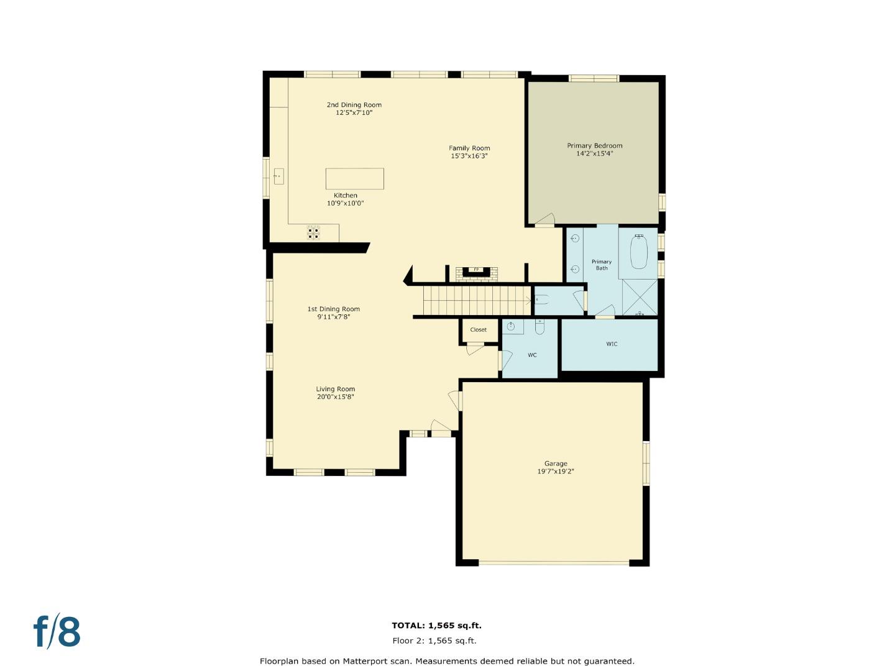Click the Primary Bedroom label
[594, 145]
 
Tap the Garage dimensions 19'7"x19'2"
[556, 472]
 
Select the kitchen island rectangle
[354, 179]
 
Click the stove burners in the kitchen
[314, 232]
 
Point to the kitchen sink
[278, 176]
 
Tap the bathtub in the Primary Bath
[638, 252]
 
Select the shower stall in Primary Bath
[640, 298]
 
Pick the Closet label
[479, 330]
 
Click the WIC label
[612, 344]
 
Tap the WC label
[532, 355]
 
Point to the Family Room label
[469, 148]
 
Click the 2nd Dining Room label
[354, 105]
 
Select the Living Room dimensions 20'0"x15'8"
[336, 397]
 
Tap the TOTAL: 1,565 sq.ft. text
[436, 626]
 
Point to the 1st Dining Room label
[334, 309]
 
